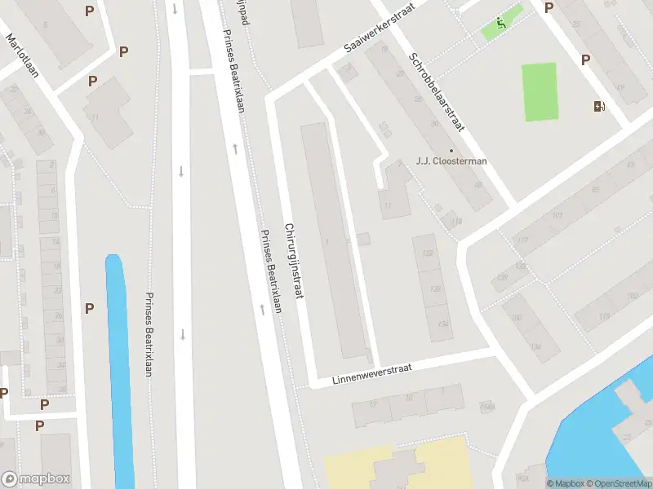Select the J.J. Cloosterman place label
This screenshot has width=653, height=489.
(451, 161)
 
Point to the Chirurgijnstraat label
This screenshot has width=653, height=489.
(294, 260)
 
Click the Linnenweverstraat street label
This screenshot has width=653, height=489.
(371, 375)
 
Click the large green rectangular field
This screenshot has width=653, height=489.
(540, 91)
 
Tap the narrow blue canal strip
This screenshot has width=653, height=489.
(119, 367)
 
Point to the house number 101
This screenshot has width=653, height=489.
(557, 215)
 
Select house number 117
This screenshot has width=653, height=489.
(522, 240)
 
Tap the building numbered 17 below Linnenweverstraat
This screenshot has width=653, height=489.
(374, 405)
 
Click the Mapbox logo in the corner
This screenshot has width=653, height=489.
(37, 479)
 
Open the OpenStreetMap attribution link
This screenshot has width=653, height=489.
(618, 483)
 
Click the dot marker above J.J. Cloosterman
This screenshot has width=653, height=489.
(451, 149)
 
